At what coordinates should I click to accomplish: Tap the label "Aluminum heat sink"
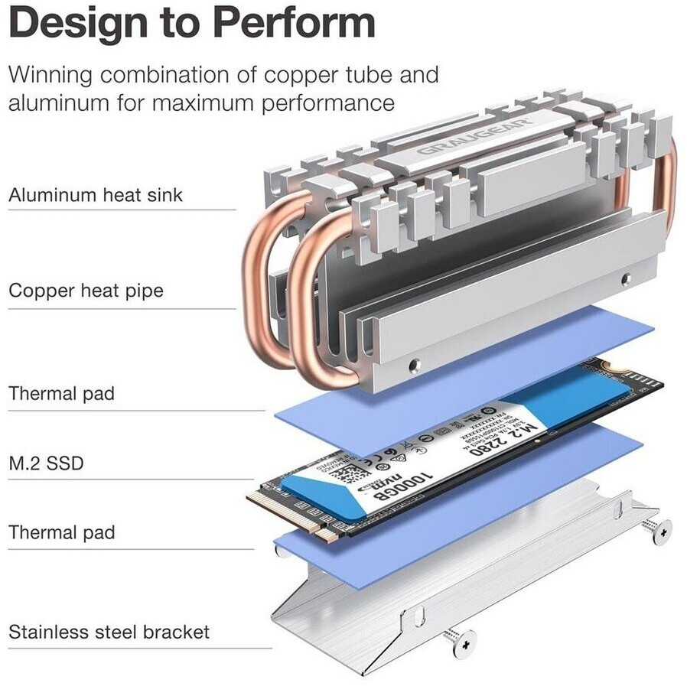coord(96,195)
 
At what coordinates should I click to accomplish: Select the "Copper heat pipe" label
coord(86,291)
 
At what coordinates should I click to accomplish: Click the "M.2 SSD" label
coord(46,463)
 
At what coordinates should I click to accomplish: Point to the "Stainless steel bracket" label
coord(109,632)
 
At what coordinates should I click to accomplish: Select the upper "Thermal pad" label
coord(61,394)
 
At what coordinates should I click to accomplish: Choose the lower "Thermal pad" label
coord(61,532)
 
